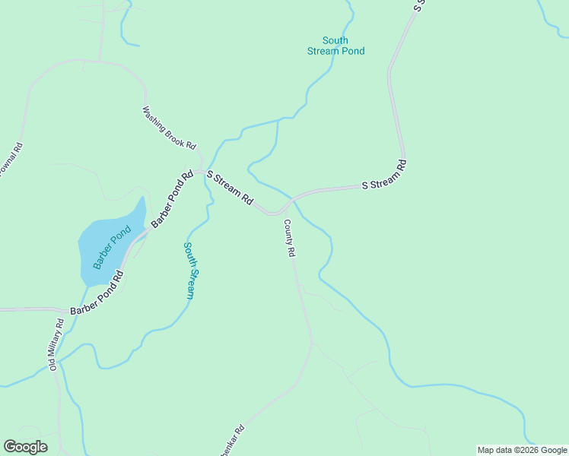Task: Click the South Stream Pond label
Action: [x=335, y=46]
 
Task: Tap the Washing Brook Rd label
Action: [x=169, y=128]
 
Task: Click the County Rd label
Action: [x=289, y=239]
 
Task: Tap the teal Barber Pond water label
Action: [x=107, y=251]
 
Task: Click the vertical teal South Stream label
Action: [x=192, y=271]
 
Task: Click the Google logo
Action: [x=25, y=447]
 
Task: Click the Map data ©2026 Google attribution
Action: [x=522, y=450]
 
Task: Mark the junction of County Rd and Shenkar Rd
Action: [x=311, y=344]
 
